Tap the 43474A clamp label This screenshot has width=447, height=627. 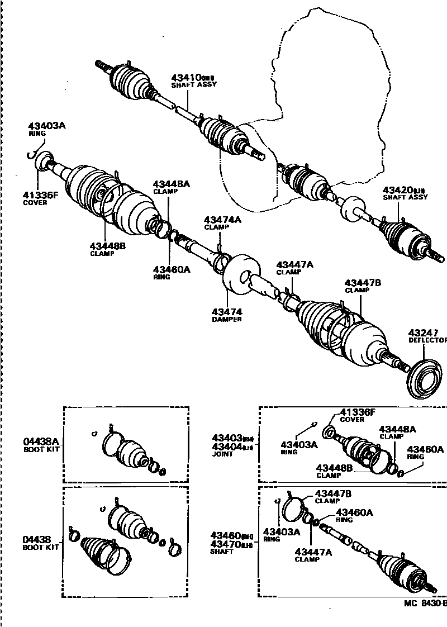(x=222, y=220)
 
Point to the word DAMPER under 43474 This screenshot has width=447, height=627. (x=226, y=319)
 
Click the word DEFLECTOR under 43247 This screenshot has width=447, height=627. (x=427, y=340)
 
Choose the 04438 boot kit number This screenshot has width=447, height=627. (x=37, y=539)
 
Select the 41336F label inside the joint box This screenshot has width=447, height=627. (x=357, y=412)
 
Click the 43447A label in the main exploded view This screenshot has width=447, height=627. (x=294, y=264)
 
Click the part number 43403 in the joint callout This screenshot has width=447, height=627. (x=226, y=438)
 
